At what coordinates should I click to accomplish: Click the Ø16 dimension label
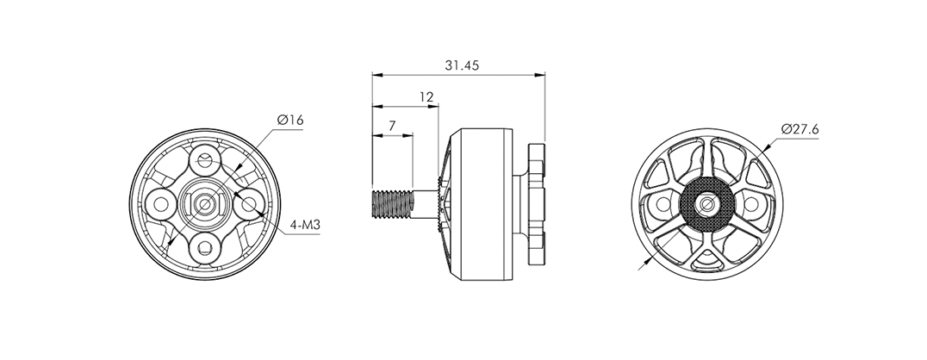point(289,120)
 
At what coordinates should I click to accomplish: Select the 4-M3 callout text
point(304,226)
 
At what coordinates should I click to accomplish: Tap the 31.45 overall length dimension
point(462,65)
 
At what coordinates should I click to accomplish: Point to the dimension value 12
point(426,97)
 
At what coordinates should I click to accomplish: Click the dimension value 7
point(392,126)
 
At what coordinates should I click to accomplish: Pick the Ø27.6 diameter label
point(799,129)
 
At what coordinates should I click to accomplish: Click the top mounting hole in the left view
point(204,160)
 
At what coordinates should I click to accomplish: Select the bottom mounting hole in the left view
point(204,248)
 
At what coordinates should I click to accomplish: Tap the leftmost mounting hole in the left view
point(161,204)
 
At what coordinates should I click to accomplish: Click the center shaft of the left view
point(204,204)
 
